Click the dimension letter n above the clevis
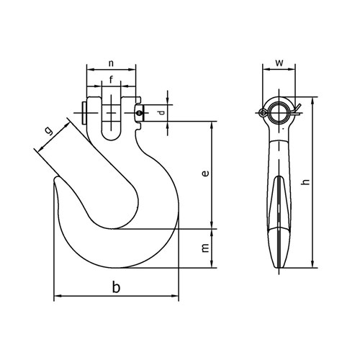coord(112,63)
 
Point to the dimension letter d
coord(161,112)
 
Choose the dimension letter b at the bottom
coord(115,287)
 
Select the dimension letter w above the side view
coord(278,62)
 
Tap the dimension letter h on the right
coord(307,184)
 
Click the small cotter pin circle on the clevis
coord(140,112)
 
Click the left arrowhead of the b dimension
coord(57,296)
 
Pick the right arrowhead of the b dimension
coord(176,296)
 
